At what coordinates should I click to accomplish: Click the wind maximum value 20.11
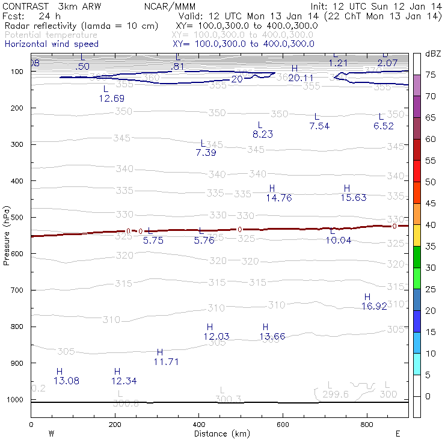[x=301, y=78]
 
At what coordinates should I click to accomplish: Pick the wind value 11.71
[x=166, y=361]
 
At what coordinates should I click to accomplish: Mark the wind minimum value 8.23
[x=263, y=134]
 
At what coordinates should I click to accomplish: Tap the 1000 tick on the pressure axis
[x=16, y=400]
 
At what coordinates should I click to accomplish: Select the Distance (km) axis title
[x=219, y=434]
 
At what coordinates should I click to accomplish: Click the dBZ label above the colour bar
[x=432, y=54]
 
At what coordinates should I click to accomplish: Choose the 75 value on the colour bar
[x=431, y=75]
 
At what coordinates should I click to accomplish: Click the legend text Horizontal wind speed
[x=52, y=44]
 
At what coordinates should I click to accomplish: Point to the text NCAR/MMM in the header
[x=170, y=6]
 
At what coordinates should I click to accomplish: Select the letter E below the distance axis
[x=397, y=433]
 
